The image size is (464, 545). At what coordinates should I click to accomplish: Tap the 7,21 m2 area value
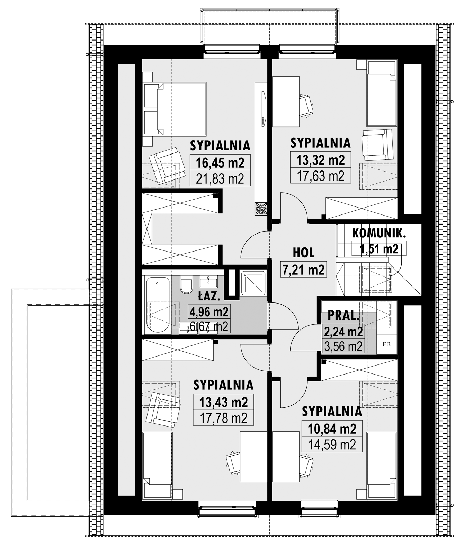[x=304, y=270]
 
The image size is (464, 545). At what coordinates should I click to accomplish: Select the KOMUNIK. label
[x=379, y=233]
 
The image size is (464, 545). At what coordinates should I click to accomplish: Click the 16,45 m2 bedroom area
[x=220, y=163]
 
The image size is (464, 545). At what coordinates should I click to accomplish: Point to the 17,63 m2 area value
[x=320, y=176]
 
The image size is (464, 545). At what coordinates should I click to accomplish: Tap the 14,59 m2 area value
[x=332, y=445]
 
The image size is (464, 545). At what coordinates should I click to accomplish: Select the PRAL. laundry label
[x=343, y=315]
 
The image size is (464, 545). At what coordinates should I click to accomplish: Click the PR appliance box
[x=386, y=344]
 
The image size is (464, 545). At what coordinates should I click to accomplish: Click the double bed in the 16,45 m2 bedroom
[x=174, y=109]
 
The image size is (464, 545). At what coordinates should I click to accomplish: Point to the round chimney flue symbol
[x=261, y=209]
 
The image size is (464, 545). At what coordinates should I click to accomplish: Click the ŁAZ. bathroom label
[x=208, y=297]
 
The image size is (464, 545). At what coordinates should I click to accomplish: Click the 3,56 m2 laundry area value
[x=343, y=346]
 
